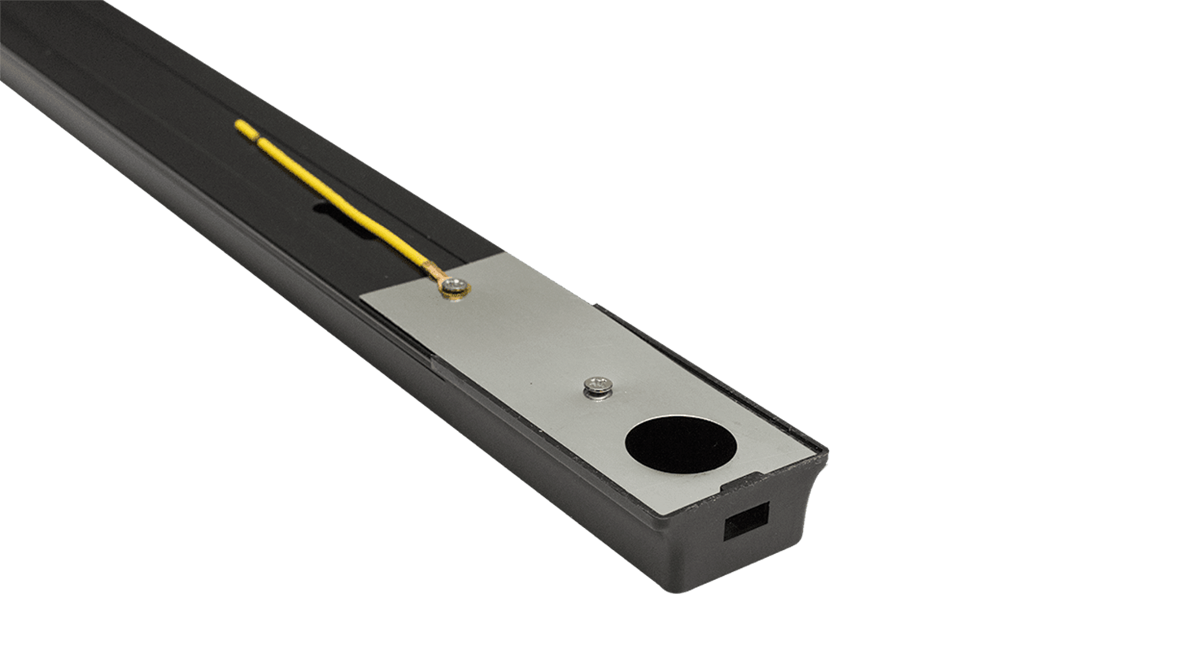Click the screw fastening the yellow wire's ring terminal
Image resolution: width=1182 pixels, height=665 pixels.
click(x=453, y=286)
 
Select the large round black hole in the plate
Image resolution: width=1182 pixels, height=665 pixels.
click(x=681, y=444)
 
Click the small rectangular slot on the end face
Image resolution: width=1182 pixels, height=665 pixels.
click(x=745, y=521)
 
